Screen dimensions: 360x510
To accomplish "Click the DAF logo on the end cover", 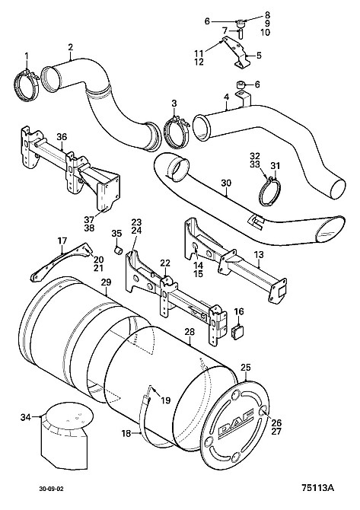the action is coord(236,422).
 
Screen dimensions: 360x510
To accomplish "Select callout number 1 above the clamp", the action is coord(27,56).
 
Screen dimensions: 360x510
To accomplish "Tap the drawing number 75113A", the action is coord(317,488).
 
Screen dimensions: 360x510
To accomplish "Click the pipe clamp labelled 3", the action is coord(177,132).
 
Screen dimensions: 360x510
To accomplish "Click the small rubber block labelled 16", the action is coord(237,332).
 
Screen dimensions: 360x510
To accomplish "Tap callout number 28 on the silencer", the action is coord(190,332).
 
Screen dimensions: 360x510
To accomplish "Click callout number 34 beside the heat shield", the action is coord(27,417).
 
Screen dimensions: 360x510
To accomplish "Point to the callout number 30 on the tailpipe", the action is coord(226,183).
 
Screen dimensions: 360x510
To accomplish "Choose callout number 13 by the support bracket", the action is coord(259,255).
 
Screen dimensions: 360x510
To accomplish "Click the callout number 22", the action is coord(165,263).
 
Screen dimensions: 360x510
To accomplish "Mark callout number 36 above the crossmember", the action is coord(62,137).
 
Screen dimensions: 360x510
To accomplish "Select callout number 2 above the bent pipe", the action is coord(70,47).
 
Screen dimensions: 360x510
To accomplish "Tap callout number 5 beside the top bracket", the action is coord(259,56).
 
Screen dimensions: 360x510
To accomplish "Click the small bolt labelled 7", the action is coord(241,33).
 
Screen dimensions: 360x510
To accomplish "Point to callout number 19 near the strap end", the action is coord(165,400).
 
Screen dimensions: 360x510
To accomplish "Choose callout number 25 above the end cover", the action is coord(246,368).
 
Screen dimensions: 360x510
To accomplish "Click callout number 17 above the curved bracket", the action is coord(62,241).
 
